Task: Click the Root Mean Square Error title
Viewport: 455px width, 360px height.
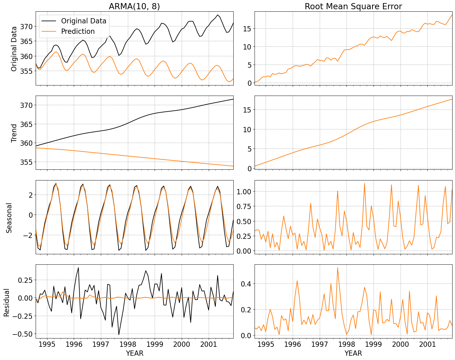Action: tap(353, 6)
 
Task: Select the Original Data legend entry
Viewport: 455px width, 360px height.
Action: tap(84, 21)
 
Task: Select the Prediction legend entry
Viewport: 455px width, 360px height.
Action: tap(78, 31)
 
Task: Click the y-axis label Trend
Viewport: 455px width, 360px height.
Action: tap(14, 133)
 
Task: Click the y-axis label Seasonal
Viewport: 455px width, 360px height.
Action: tap(9, 218)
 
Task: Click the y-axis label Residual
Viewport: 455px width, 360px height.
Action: tap(7, 302)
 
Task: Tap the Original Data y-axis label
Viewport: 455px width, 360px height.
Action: tap(14, 49)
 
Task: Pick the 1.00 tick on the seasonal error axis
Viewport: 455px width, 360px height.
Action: tap(244, 192)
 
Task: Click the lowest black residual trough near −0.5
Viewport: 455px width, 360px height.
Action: tap(119, 334)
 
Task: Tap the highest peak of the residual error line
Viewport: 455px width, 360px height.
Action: tap(337, 267)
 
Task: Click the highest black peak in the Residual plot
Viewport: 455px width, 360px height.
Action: tap(78, 267)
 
